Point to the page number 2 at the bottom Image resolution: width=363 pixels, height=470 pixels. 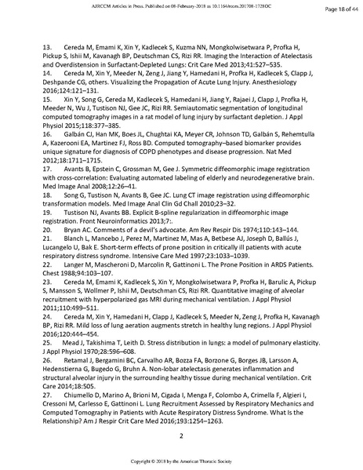181,435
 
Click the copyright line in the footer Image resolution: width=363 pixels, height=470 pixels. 181,461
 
